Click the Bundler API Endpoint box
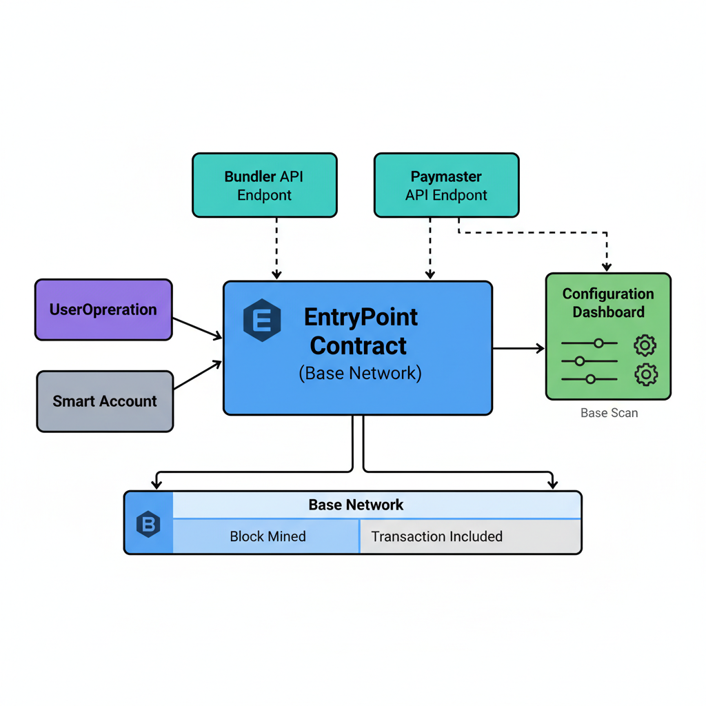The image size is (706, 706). pyautogui.click(x=264, y=185)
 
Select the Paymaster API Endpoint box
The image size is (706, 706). pyautogui.click(x=446, y=185)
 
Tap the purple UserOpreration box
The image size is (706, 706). pyautogui.click(x=103, y=310)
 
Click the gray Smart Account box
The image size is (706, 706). pyautogui.click(x=105, y=401)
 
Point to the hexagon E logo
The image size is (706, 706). pyautogui.click(x=262, y=321)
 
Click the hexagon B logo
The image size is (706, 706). pyautogui.click(x=148, y=525)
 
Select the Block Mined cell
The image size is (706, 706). pyautogui.click(x=268, y=536)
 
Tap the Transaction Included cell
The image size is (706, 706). pyautogui.click(x=436, y=536)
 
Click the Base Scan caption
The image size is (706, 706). pyautogui.click(x=609, y=413)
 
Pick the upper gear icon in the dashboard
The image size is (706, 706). pyautogui.click(x=645, y=345)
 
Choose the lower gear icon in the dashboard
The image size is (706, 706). pyautogui.click(x=645, y=374)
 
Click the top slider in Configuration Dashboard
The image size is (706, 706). pyautogui.click(x=589, y=343)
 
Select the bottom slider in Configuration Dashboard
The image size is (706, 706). pyautogui.click(x=589, y=379)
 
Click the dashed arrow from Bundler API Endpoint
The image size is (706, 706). pyautogui.click(x=276, y=248)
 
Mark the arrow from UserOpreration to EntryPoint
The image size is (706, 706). pyautogui.click(x=197, y=327)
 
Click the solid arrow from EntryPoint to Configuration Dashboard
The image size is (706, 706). pyautogui.click(x=518, y=349)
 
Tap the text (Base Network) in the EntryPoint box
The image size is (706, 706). pyautogui.click(x=359, y=373)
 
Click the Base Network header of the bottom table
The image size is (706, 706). pyautogui.click(x=356, y=505)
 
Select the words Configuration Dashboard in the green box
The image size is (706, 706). pyautogui.click(x=608, y=303)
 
